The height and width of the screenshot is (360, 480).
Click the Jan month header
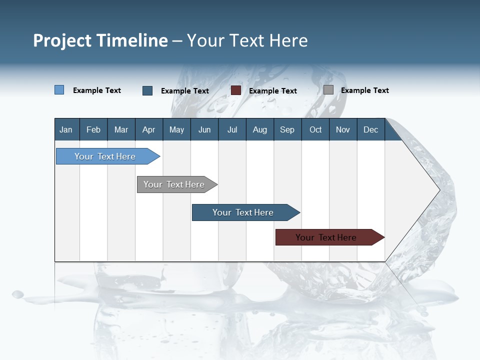coord(66,130)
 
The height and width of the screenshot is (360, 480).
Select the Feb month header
coord(93,130)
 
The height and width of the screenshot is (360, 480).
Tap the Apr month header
coord(148,130)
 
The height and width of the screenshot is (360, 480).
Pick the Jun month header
coord(204,130)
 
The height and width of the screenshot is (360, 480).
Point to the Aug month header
coord(259,130)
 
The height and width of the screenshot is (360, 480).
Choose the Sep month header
coord(287,130)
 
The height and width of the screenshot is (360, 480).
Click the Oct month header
coord(315,130)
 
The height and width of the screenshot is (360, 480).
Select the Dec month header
coord(370,130)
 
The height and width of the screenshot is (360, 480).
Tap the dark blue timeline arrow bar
coord(243,212)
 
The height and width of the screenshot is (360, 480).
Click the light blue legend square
coord(59,90)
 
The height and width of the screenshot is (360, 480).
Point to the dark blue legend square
coord(147,90)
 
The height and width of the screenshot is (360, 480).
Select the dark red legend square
coord(236,90)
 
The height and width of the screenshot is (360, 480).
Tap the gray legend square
coord(328,90)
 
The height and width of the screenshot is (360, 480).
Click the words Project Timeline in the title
coord(100,40)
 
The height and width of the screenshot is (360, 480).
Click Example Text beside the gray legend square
coord(364,90)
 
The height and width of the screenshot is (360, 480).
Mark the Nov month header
coord(342,130)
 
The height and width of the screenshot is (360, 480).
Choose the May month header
coord(176,130)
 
